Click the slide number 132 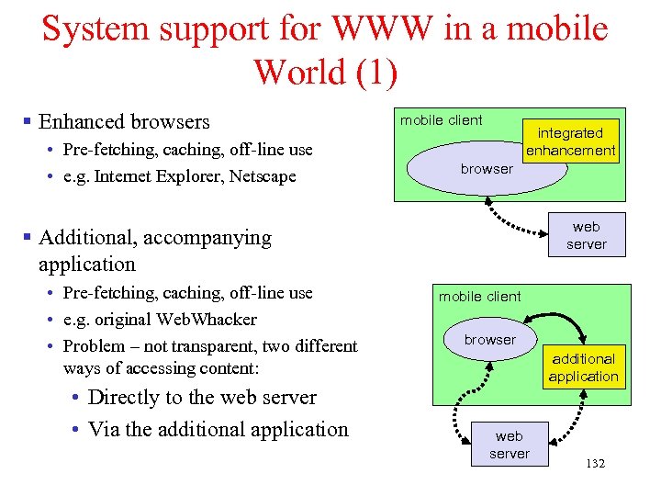point(595,464)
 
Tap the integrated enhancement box point(570,141)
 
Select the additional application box point(583,367)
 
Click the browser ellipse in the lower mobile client point(489,340)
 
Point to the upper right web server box point(586,235)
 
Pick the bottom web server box point(509,445)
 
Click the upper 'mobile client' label point(441,119)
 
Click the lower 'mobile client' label point(479,296)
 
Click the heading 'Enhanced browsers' point(124,121)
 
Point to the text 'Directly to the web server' point(202,398)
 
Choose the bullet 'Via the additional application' point(218,430)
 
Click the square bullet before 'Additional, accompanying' point(28,238)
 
